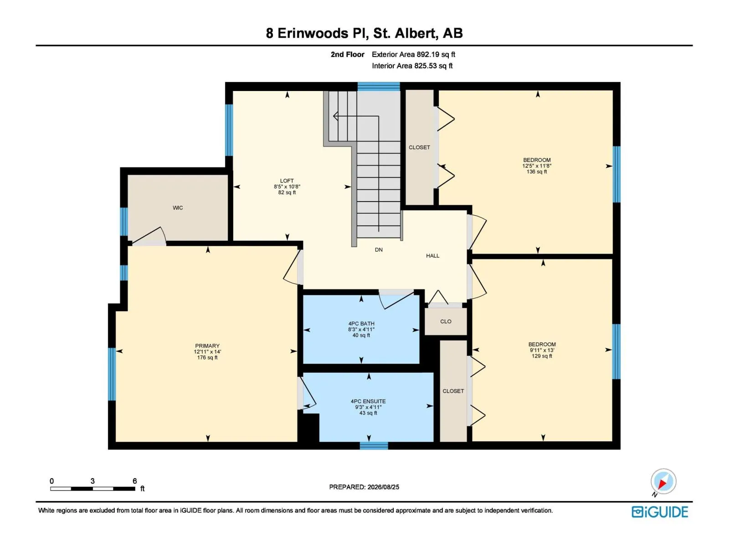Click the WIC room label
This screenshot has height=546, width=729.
pyautogui.click(x=178, y=208)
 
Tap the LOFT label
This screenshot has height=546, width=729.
pyautogui.click(x=287, y=181)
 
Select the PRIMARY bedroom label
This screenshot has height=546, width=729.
pyautogui.click(x=207, y=346)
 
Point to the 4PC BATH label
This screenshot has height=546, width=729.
pyautogui.click(x=361, y=324)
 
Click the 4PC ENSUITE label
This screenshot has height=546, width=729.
pyautogui.click(x=368, y=401)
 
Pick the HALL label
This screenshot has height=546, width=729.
pyautogui.click(x=432, y=256)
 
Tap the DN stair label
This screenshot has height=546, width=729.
pyautogui.click(x=379, y=250)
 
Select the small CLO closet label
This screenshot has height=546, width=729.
pyautogui.click(x=446, y=321)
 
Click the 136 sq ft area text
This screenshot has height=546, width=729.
pyautogui.click(x=537, y=172)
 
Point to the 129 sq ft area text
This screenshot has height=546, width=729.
pyautogui.click(x=542, y=356)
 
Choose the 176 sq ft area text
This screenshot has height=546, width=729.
pyautogui.click(x=207, y=357)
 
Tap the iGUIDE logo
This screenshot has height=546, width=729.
pyautogui.click(x=660, y=512)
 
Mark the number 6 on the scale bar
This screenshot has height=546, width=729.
pyautogui.click(x=134, y=481)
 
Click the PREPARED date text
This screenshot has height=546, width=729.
pyautogui.click(x=364, y=487)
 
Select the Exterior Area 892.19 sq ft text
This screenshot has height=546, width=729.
pyautogui.click(x=413, y=54)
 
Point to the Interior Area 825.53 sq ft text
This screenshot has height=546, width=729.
pyautogui.click(x=412, y=66)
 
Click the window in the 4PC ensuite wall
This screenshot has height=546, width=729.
pyautogui.click(x=374, y=445)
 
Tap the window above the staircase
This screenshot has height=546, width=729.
pyautogui.click(x=379, y=86)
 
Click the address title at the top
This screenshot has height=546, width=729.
pyautogui.click(x=364, y=33)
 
